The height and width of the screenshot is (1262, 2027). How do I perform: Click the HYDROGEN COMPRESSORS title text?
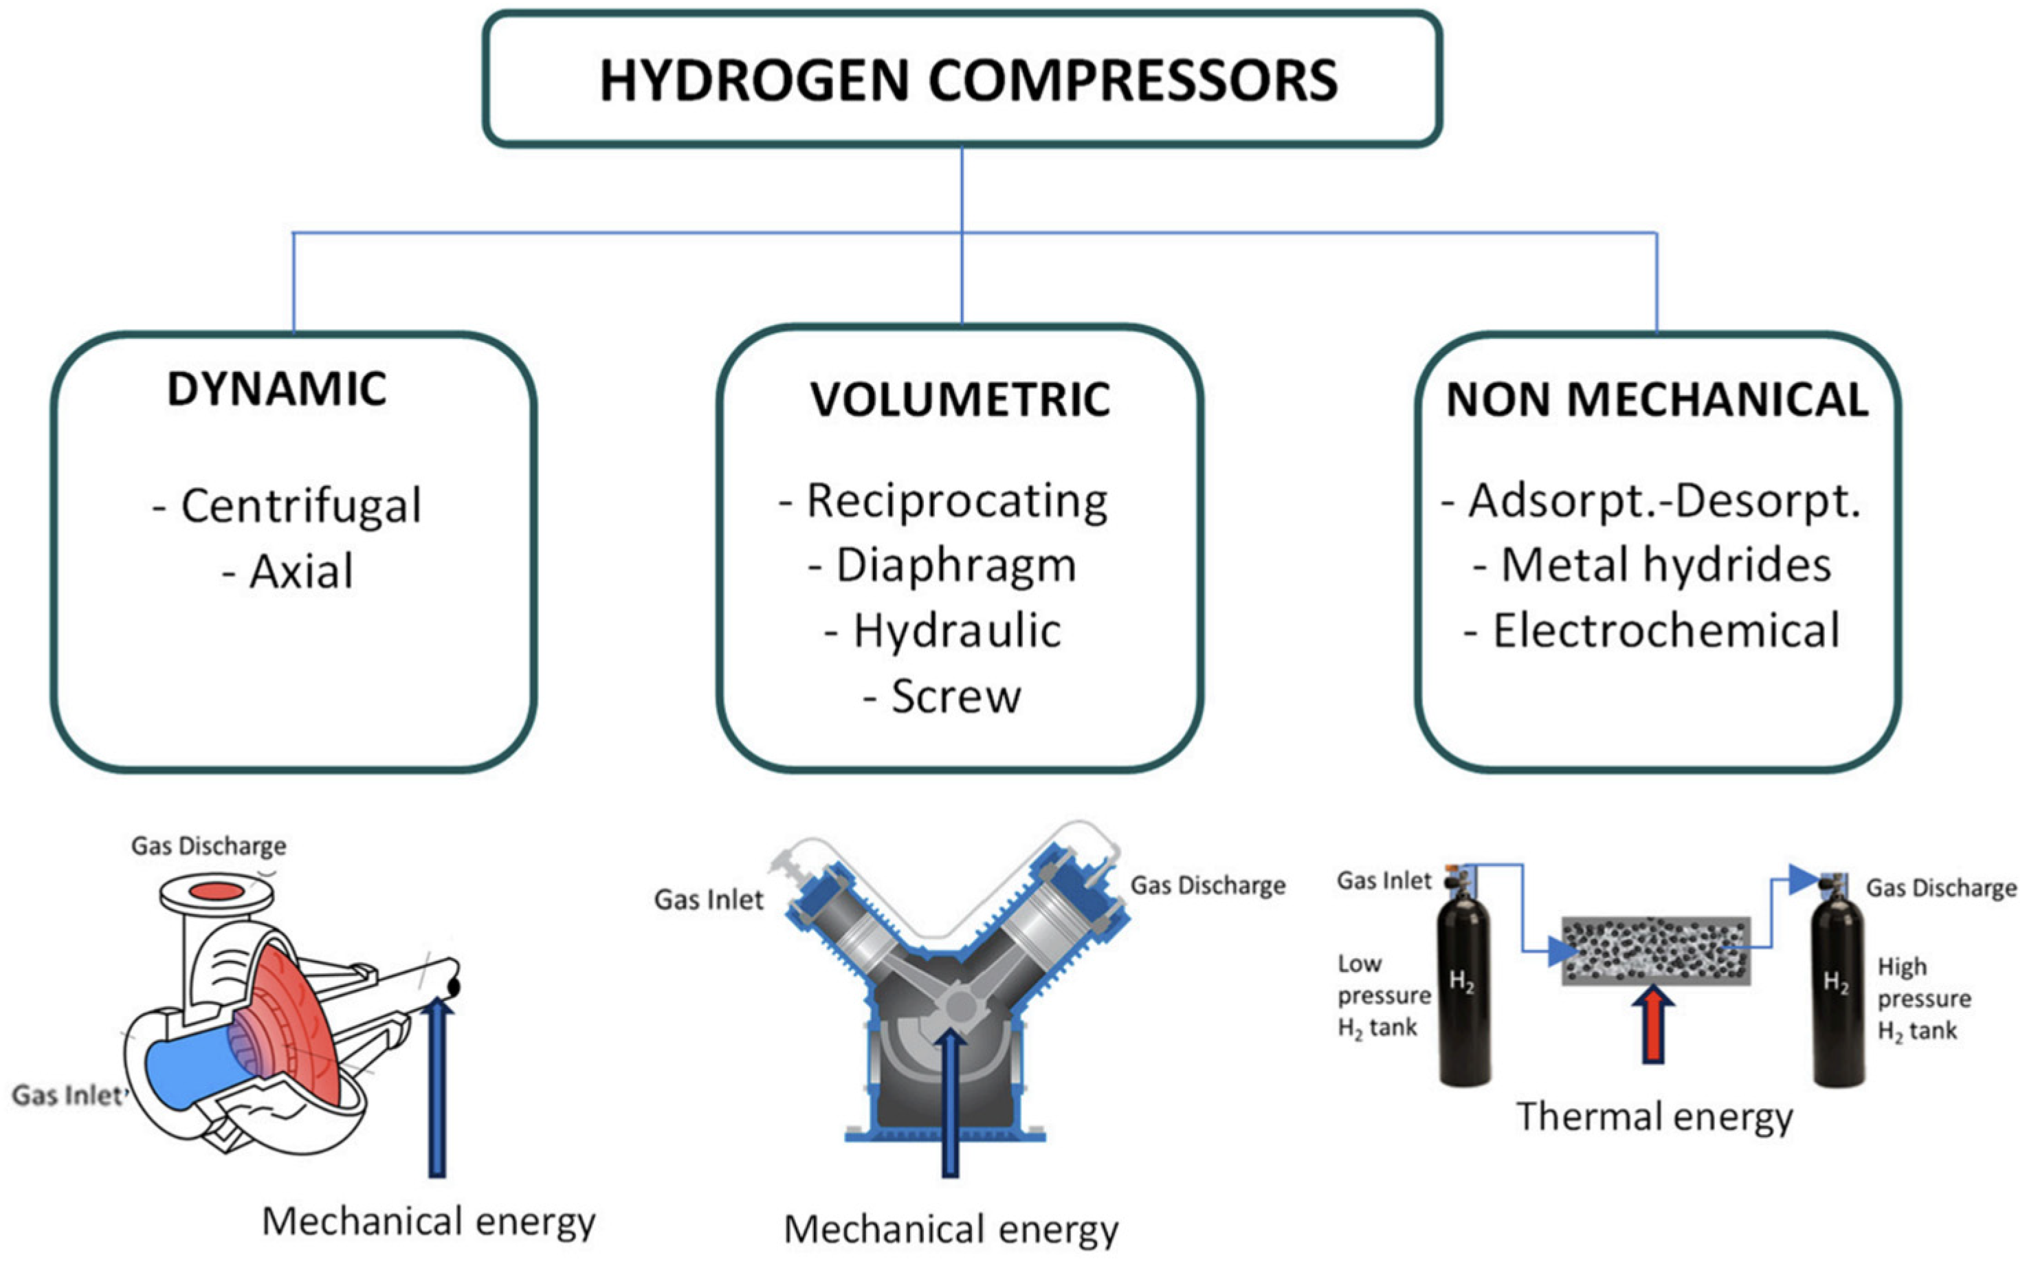tap(968, 81)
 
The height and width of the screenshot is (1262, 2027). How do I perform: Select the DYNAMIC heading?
tap(276, 389)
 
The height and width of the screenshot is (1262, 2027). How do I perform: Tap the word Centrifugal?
tap(300, 506)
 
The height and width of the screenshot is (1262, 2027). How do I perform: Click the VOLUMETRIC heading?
tap(960, 400)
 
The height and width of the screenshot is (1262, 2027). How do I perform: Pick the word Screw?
tap(955, 697)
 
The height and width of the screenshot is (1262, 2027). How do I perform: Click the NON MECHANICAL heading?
tap(1657, 400)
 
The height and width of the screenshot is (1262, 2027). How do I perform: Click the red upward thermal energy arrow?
tap(1653, 1027)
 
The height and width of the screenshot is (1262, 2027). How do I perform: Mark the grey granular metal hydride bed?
tap(1656, 951)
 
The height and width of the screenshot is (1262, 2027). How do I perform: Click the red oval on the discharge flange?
tap(216, 892)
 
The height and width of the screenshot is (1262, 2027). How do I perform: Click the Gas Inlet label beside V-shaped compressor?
tap(709, 900)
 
